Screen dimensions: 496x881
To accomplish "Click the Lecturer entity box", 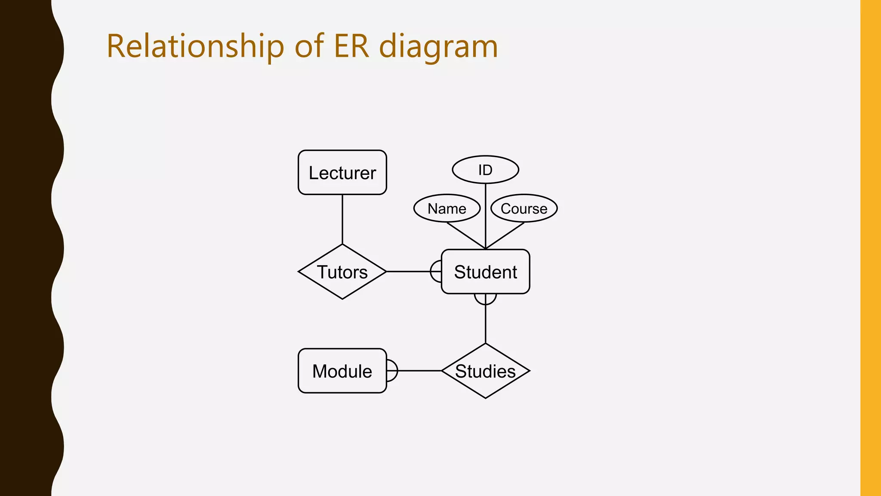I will (342, 172).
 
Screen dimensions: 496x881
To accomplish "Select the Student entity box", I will (485, 272).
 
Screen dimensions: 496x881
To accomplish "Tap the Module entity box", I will (342, 371).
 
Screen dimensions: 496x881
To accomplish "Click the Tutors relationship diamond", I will (342, 272).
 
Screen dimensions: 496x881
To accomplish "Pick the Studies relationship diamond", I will (485, 371).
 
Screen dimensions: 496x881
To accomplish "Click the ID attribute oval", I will (485, 170).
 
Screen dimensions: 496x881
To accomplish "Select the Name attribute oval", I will (447, 208).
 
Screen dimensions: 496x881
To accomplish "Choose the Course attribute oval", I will (524, 208).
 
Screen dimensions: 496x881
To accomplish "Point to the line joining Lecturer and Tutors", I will (342, 219).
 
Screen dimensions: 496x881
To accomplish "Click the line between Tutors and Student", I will (409, 272).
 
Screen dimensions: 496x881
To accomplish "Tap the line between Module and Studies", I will (419, 371).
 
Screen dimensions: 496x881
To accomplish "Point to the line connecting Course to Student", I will (505, 236).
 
